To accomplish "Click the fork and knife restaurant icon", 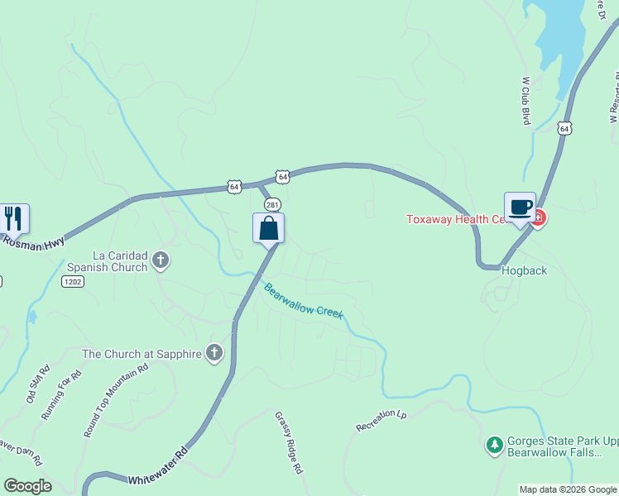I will (13, 218).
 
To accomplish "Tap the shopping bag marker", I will (268, 228).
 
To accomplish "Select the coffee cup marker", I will (520, 207).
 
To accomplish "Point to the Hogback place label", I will (523, 270).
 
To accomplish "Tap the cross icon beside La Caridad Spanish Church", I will (161, 261).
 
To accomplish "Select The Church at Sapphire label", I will (142, 354).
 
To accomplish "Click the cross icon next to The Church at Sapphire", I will (214, 354).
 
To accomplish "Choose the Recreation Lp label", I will (381, 421).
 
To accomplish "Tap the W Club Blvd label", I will (525, 101).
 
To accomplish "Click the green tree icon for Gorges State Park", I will (494, 445).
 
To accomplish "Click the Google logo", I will (27, 486).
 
